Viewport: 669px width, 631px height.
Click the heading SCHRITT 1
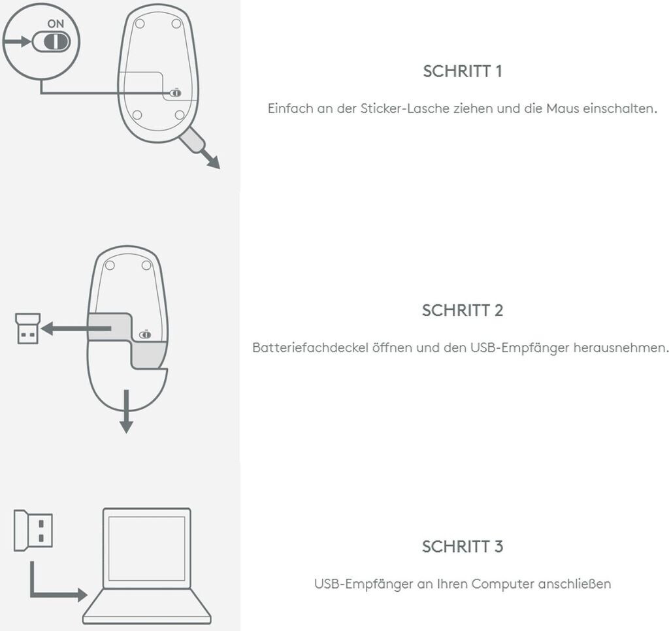(463, 71)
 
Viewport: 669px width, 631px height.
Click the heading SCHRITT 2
(463, 310)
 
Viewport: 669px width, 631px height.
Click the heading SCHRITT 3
(463, 546)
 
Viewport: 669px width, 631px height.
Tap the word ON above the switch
(56, 23)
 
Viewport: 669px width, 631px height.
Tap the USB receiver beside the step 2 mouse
(27, 329)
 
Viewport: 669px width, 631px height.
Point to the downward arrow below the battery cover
(127, 412)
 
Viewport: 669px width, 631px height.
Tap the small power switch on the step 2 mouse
(145, 334)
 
